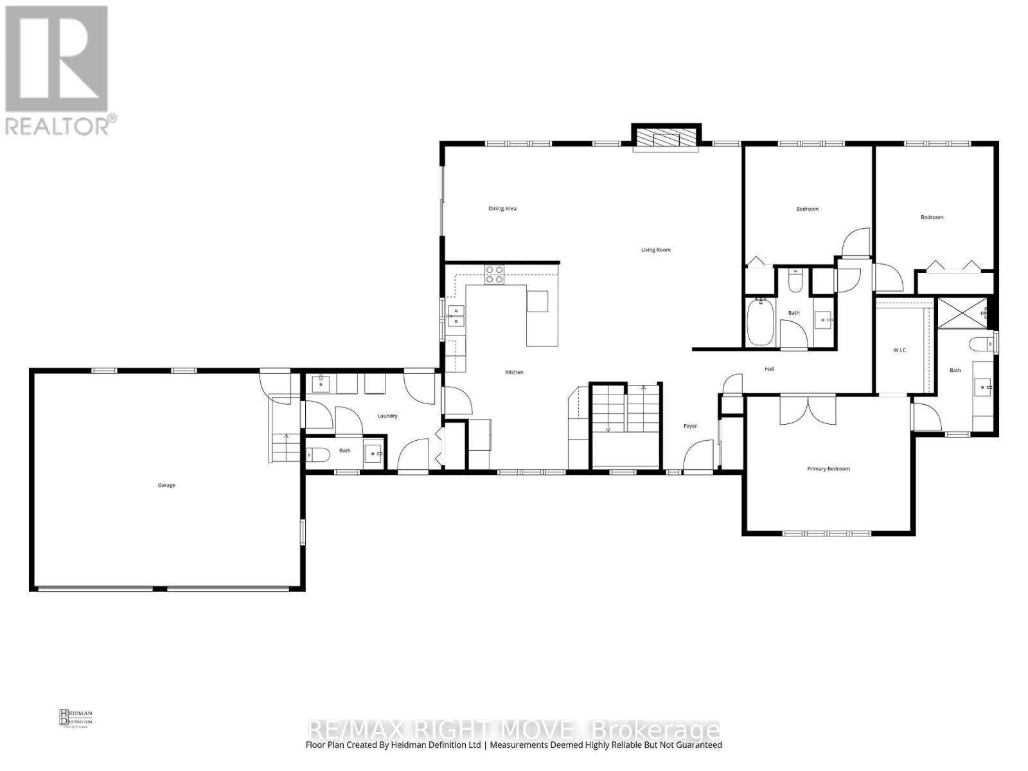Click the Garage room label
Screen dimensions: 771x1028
click(166, 485)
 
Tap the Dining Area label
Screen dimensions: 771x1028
click(502, 208)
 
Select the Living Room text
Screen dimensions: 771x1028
click(655, 250)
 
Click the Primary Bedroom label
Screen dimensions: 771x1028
click(828, 469)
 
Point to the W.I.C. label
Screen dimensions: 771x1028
click(899, 350)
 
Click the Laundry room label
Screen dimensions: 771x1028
click(387, 416)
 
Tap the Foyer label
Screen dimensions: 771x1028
click(690, 426)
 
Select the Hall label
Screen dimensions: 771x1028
click(769, 369)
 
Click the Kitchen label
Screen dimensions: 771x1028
click(514, 372)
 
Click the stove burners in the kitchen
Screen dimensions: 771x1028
click(494, 274)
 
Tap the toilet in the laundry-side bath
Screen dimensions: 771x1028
click(318, 455)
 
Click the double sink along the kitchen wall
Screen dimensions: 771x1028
click(456, 316)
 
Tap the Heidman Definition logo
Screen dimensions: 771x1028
click(76, 717)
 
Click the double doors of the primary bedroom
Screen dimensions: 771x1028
click(808, 409)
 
